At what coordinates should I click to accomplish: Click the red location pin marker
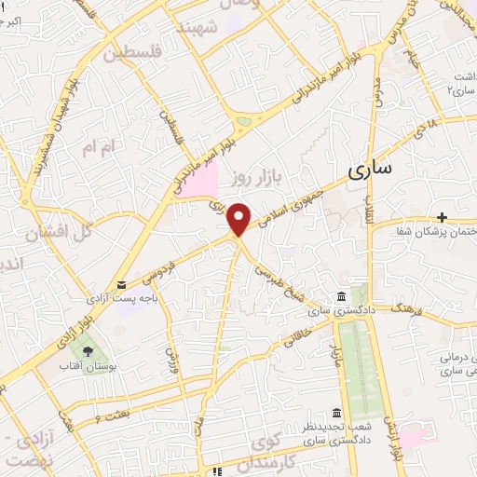point(239,219)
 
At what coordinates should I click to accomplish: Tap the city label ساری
point(371,170)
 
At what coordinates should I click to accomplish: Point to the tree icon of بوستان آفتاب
point(88,352)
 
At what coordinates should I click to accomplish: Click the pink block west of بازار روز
point(203,179)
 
